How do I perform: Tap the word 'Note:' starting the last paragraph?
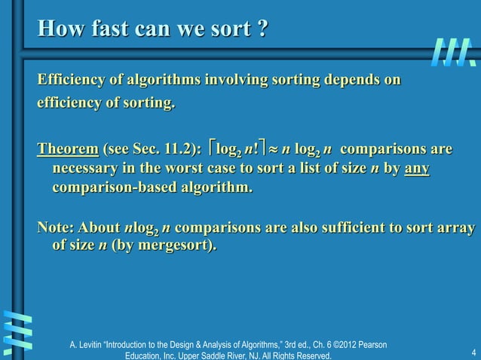click(57, 227)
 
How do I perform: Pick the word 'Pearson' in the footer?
click(372, 344)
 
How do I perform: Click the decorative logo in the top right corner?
click(455, 51)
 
